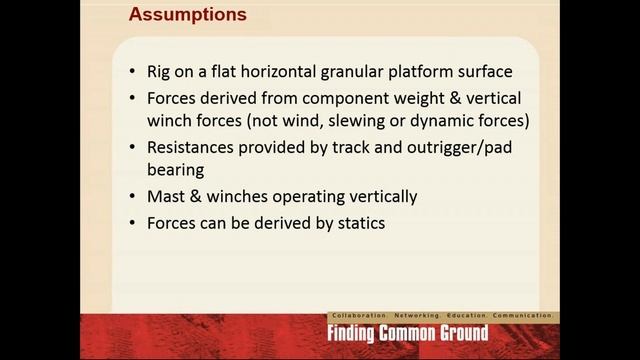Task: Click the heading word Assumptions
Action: (x=188, y=16)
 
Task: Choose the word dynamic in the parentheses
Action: (x=456, y=122)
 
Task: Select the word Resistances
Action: (x=194, y=147)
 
